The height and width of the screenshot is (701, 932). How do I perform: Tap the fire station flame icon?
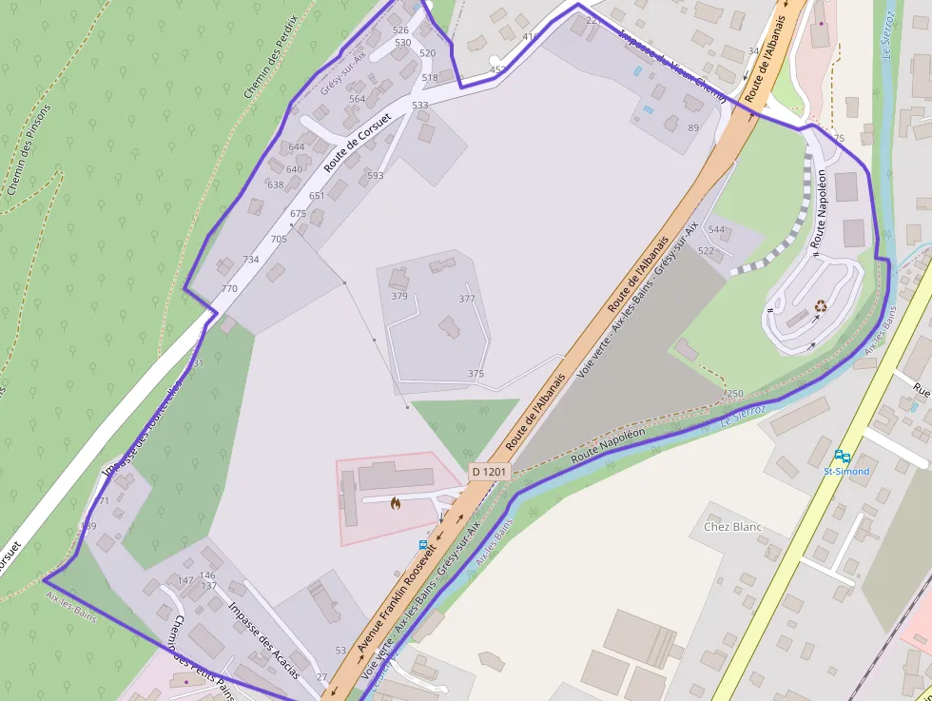point(396,503)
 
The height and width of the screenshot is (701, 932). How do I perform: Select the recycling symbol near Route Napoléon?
point(821,306)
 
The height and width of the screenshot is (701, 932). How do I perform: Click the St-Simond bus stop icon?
point(842,457)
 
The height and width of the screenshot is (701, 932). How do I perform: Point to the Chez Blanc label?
point(733,527)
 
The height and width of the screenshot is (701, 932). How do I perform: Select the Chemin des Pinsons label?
point(29,148)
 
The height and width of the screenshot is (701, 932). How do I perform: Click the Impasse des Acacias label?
point(264,639)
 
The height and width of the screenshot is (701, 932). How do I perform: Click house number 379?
point(399,296)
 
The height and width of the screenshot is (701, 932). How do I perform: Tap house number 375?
point(476,374)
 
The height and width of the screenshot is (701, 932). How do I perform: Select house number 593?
point(376,176)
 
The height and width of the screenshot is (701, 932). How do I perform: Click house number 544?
point(716,230)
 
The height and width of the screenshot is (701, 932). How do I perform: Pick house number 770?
point(229,288)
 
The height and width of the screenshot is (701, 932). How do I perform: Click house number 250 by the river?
point(734,394)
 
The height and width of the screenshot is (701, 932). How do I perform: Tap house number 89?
point(693,128)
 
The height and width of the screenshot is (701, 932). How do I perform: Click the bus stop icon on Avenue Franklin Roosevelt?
point(423,545)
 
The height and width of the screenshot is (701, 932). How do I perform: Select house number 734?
point(251,260)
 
